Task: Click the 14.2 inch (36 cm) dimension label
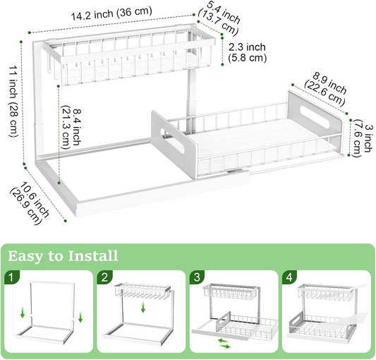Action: coord(111,13)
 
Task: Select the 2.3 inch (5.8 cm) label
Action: coord(247,52)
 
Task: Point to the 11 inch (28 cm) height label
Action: coord(13,101)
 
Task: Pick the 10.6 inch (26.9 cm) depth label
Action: coord(29,203)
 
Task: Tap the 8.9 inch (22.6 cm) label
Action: coord(326,90)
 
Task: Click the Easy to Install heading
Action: coord(63,256)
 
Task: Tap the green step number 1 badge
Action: coord(11,277)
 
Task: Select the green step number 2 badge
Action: coord(104,277)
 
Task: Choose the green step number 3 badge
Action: coord(197,277)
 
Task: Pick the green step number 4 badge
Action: coord(289,277)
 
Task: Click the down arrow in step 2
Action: coord(143,307)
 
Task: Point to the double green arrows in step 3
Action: coord(224,344)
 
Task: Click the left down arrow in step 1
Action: coord(23,313)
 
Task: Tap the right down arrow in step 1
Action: coord(80,317)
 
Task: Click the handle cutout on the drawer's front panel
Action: coord(171,141)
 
